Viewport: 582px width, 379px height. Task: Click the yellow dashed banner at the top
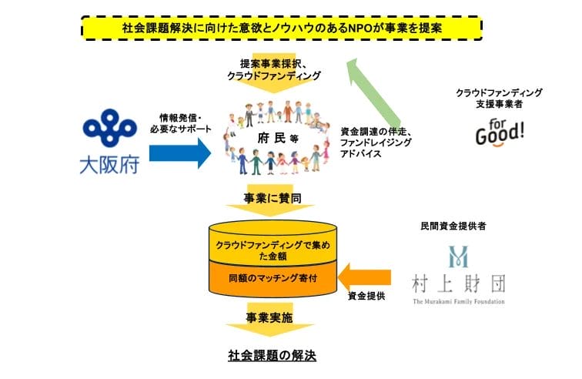coord(281,28)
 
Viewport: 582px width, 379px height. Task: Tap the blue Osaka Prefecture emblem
coord(109,131)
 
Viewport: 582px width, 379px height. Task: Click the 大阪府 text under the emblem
coord(109,165)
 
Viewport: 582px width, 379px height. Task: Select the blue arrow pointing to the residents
coord(179,152)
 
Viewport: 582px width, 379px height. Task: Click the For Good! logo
coord(500,131)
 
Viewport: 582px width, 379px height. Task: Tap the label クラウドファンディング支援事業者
coord(500,98)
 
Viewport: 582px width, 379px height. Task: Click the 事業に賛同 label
coord(274,199)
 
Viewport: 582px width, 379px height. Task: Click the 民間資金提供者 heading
coord(458,226)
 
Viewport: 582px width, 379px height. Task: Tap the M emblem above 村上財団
coord(459,257)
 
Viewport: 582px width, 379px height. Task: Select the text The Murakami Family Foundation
coord(459,301)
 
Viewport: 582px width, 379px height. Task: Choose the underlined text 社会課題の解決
coord(273,356)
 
